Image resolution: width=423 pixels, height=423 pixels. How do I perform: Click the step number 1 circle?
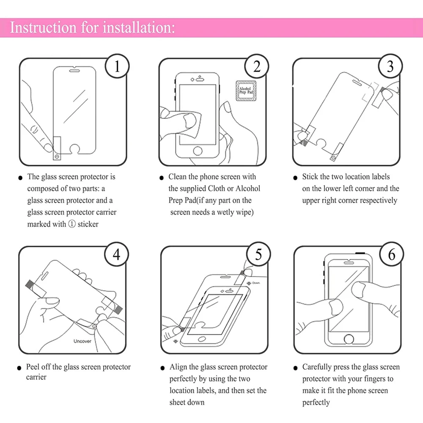117,66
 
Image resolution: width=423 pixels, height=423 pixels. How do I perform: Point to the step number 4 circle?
117,254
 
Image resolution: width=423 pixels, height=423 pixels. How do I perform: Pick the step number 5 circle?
258,254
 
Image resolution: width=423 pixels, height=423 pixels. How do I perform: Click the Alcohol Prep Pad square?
245,91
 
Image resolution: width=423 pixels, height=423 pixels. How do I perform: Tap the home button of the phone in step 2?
198,151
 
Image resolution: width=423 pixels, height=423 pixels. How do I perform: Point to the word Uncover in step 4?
82,341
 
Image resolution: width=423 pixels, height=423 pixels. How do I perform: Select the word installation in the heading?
140,28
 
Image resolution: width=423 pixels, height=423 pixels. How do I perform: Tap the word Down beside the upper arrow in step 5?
256,283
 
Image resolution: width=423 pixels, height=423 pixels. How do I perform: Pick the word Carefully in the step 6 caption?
317,367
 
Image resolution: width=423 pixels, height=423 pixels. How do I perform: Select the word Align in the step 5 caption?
178,367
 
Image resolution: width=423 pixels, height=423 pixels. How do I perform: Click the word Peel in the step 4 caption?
33,367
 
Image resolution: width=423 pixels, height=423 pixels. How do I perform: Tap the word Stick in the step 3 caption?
310,177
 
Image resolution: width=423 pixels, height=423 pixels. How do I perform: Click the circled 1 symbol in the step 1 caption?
71,224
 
